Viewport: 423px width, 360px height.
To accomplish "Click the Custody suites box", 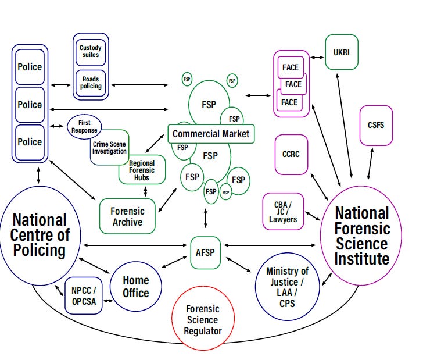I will (90, 51).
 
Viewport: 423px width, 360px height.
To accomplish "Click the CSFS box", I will (376, 125).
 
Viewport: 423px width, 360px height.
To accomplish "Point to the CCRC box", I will (291, 154).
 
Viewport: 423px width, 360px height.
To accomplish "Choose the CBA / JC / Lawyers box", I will (282, 212).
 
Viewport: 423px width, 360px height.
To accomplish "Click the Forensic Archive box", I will (127, 216).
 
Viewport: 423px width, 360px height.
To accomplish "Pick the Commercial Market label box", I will (210, 134).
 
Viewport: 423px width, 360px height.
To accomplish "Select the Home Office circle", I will (135, 287).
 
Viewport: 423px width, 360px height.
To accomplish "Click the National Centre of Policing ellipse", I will (39, 236).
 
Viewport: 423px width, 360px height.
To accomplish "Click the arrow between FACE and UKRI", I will (317, 58).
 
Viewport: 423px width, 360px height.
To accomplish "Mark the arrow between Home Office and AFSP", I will (174, 262).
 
